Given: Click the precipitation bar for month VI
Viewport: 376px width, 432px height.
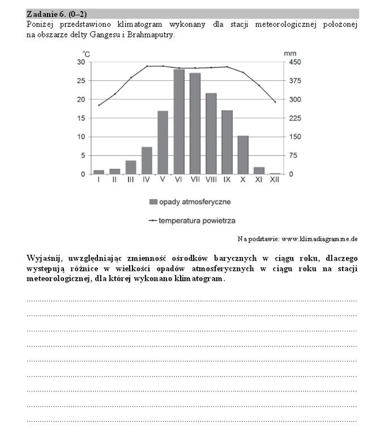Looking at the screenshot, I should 179,122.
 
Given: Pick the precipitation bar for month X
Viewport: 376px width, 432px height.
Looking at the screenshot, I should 243,155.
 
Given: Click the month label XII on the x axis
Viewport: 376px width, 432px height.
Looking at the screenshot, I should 275,179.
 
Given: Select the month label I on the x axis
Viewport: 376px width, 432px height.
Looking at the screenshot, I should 99,179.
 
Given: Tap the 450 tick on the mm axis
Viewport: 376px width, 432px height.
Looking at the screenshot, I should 295,62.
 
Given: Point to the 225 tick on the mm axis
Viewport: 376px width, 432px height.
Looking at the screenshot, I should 295,118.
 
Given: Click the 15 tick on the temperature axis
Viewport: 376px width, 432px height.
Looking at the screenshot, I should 81,118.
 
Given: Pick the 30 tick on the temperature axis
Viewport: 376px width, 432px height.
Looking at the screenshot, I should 81,62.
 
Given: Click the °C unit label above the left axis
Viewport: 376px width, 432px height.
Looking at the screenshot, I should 86,53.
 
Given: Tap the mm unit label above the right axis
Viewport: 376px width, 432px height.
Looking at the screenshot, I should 290,53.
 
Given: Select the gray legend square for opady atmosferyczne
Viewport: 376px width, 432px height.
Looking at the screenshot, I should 152,202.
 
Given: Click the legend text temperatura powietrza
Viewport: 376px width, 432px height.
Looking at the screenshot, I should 197,220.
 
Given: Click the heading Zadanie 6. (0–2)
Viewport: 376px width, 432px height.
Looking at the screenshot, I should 57,13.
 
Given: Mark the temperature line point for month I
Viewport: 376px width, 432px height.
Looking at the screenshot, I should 99,105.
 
